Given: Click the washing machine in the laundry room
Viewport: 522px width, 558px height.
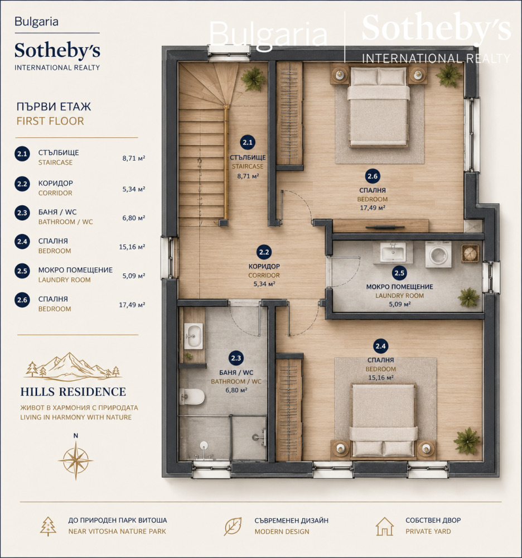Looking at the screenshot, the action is [438, 254].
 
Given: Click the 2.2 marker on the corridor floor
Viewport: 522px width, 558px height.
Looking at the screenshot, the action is [264, 252].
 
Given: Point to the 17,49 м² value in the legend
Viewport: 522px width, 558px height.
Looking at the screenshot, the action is [132, 305].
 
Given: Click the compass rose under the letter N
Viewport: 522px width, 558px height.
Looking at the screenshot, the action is [76, 460].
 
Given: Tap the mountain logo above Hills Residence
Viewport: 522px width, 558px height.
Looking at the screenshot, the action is [73, 367].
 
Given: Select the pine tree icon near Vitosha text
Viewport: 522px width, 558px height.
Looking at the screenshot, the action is [48, 526].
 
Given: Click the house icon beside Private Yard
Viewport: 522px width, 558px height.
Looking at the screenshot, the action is [384, 526].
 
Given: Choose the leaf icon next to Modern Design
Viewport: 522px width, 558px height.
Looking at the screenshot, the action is [233, 526].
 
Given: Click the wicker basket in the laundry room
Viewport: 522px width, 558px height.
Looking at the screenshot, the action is [470, 253].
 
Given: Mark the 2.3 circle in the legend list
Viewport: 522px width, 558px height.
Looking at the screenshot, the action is [22, 213].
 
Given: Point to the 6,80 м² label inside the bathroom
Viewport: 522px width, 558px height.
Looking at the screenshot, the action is [236, 390].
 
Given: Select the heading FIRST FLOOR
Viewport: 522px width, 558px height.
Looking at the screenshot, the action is [50, 121].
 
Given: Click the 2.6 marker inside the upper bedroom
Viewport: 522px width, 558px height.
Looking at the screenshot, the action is [373, 176].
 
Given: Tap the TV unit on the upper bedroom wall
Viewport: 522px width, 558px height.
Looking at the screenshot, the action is [385, 227].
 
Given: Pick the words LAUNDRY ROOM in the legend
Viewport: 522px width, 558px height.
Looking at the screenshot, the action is [64, 280].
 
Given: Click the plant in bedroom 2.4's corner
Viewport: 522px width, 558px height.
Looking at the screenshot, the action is [467, 441].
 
